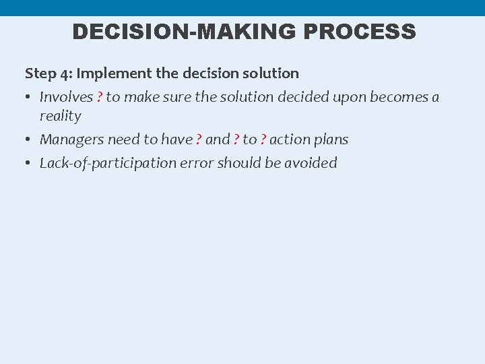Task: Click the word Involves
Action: pos(66,97)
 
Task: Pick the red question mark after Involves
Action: pos(100,97)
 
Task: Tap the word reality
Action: pos(60,116)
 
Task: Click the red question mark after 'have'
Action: pos(199,140)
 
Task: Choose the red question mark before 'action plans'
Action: pos(263,140)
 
